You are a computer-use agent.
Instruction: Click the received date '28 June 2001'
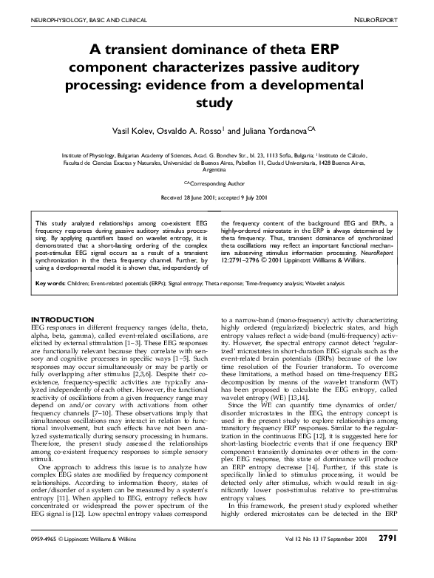(x=196, y=198)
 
